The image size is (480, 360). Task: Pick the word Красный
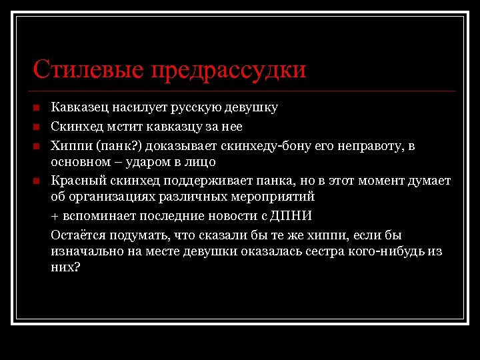pos(75,181)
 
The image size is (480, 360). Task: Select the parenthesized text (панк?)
pos(117,146)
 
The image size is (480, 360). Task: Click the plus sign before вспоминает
pos(55,217)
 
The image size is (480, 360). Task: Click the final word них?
pos(65,267)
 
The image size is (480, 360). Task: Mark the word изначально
pos(85,251)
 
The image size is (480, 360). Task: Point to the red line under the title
pos(243,91)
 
